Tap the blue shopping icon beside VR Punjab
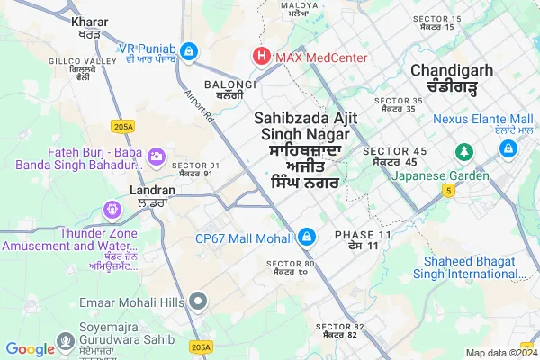click(x=188, y=51)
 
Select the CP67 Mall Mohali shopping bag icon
click(x=307, y=237)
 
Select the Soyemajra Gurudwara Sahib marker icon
click(x=65, y=342)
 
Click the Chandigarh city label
click(x=449, y=70)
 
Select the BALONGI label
click(x=230, y=85)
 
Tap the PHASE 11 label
click(x=364, y=234)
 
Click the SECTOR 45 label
click(x=394, y=150)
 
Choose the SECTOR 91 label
click(x=195, y=165)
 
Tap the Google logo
click(x=30, y=349)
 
